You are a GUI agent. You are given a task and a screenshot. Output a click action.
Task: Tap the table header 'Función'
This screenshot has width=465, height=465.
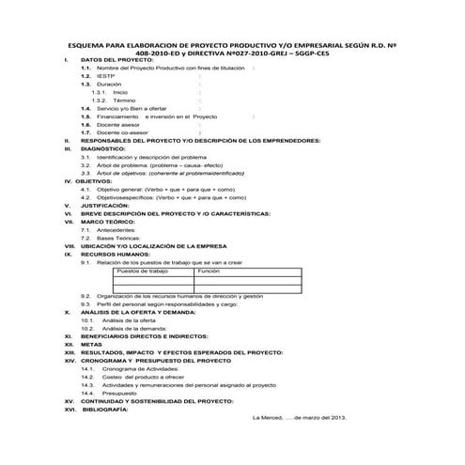point(209,271)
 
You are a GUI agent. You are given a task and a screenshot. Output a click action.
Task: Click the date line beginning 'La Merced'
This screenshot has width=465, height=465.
point(301,418)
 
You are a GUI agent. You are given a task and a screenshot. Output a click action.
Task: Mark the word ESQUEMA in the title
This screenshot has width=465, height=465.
point(90,43)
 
